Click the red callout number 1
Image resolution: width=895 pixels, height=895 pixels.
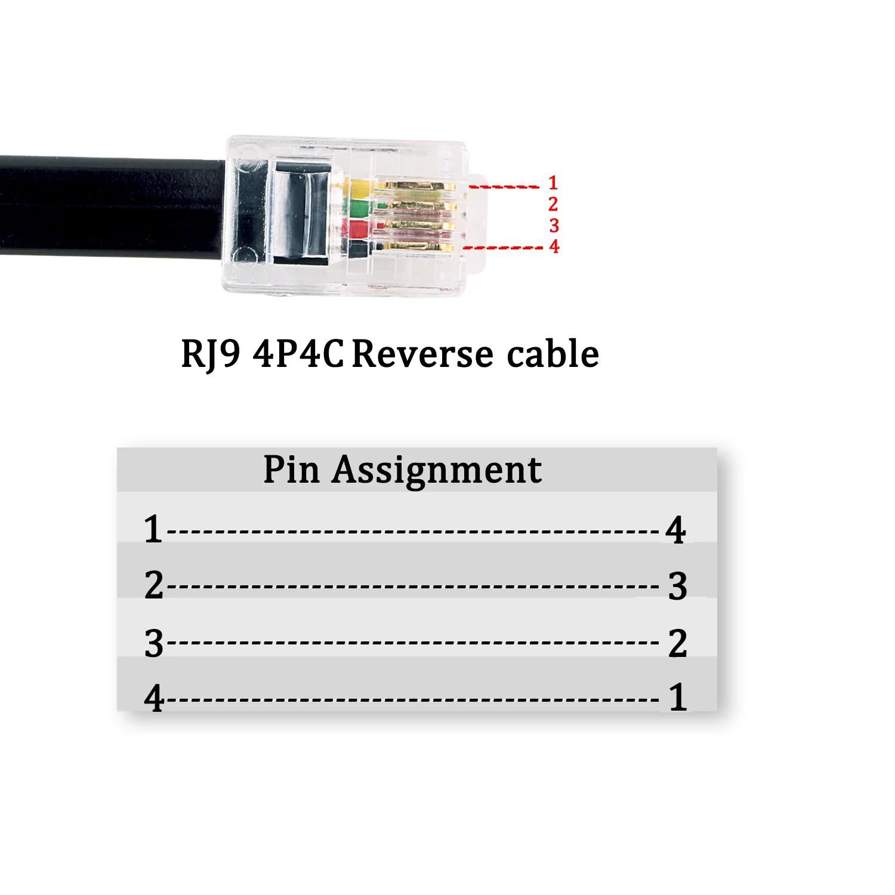553,183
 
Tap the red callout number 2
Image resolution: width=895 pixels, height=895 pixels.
553,204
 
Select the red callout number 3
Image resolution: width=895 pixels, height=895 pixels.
553,225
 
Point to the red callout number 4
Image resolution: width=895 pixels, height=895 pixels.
554,246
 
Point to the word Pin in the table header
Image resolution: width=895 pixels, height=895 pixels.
292,470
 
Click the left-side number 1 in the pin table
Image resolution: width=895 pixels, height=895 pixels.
153,529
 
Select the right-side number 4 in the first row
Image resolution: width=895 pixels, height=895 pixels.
675,530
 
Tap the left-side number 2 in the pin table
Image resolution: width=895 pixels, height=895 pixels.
153,585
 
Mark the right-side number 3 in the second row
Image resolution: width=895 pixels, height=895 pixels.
677,586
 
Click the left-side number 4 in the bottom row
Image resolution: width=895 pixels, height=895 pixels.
154,698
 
